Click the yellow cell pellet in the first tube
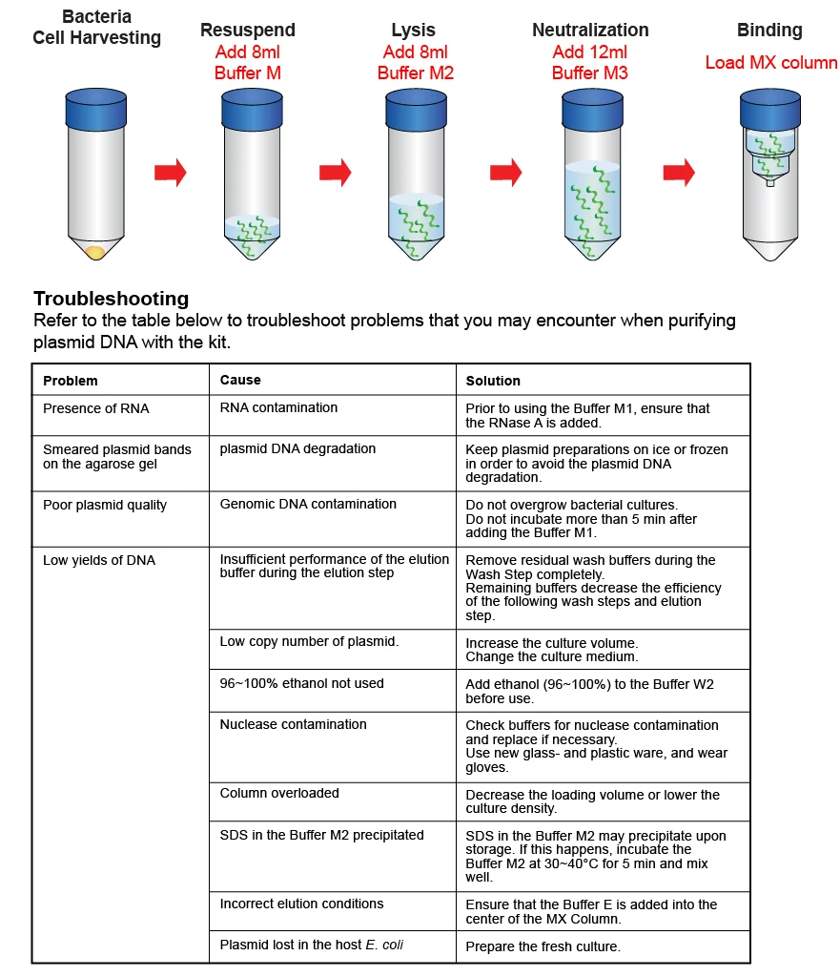pos(95,252)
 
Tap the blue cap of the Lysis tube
pos(416,110)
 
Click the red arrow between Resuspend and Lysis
pos(335,173)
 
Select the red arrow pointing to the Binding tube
pos(679,173)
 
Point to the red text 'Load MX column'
pos(770,63)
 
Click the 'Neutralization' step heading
pos(590,31)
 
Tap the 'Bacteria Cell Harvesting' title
pos(96,28)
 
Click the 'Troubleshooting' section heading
pos(111,299)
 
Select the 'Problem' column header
pos(71,381)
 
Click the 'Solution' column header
pos(493,381)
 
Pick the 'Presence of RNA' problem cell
pos(95,408)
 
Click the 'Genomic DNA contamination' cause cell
pos(308,504)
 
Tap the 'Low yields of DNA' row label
pos(98,560)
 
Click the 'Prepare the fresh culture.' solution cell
pos(543,946)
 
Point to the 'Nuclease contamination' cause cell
pos(293,724)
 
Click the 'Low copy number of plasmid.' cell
pos(309,641)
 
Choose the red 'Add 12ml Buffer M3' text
pos(590,63)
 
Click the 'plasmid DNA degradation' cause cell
pos(297,448)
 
